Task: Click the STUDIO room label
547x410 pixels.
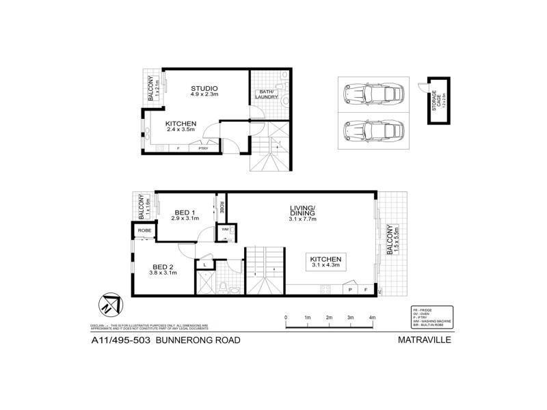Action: (204, 88)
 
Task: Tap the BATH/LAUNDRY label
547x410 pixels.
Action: (267, 95)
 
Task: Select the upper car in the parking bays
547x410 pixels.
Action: (372, 94)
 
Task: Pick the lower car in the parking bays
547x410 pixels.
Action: (372, 128)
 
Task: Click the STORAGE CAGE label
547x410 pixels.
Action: (436, 102)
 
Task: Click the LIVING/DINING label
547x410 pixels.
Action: (301, 211)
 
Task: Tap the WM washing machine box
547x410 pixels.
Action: (224, 231)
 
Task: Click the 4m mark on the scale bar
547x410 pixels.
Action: (372, 318)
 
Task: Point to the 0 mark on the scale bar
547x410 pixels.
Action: (286, 318)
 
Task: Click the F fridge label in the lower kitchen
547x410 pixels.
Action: (366, 290)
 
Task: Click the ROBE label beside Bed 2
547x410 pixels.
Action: (144, 231)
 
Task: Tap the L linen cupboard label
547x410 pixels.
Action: (205, 264)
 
